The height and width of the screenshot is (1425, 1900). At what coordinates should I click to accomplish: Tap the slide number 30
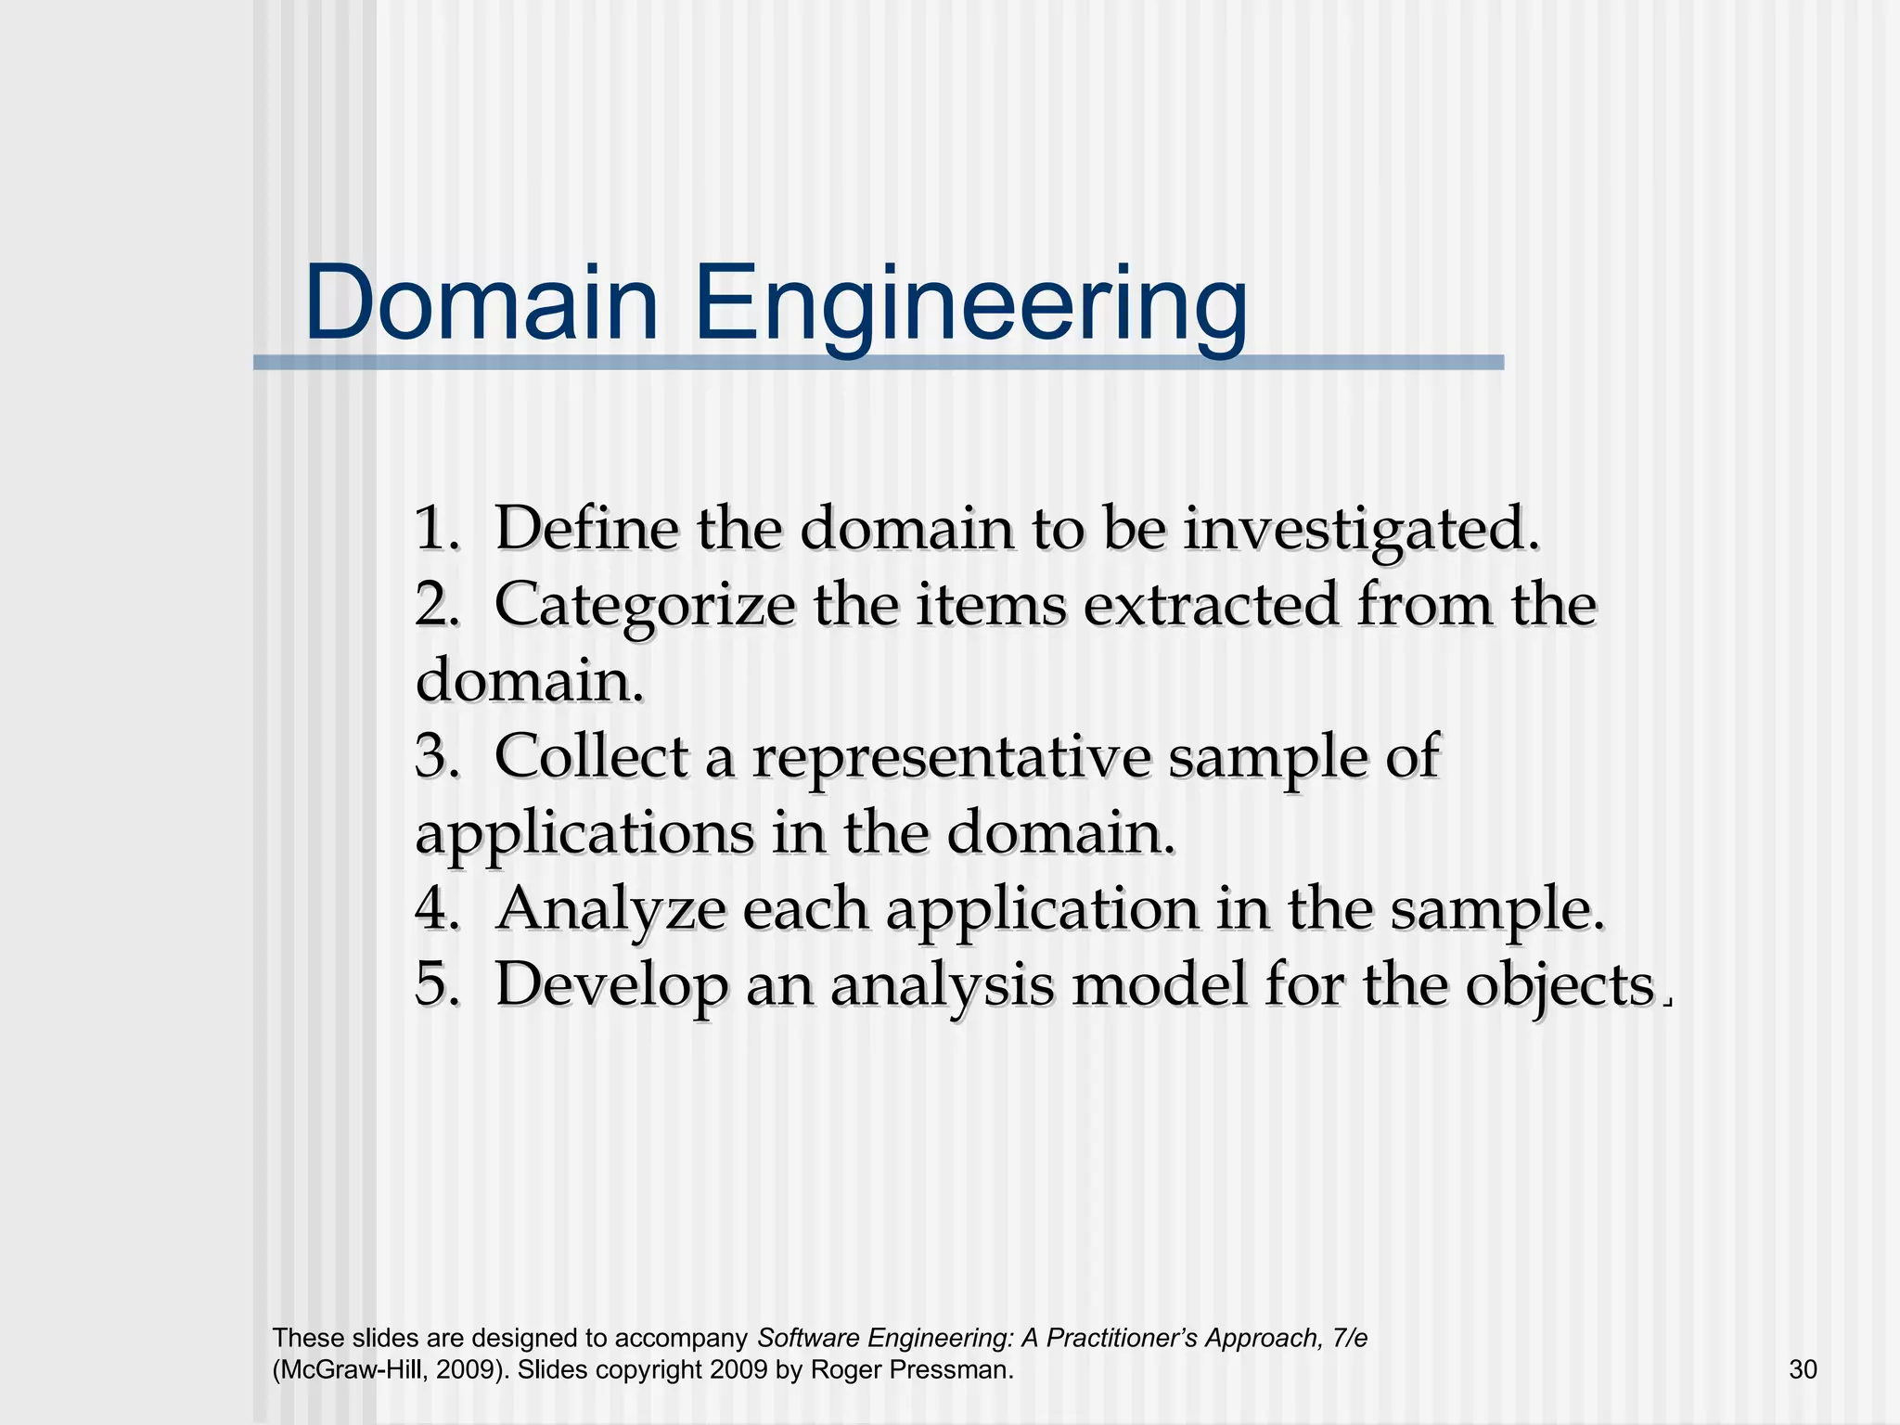[1803, 1369]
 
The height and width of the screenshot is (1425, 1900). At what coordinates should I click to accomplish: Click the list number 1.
[436, 529]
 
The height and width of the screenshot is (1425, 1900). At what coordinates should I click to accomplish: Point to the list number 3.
[436, 757]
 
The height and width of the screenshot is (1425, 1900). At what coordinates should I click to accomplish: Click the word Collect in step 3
[591, 757]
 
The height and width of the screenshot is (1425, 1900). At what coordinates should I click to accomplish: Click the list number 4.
[436, 909]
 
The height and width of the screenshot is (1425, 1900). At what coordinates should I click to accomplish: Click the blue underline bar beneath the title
[878, 363]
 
